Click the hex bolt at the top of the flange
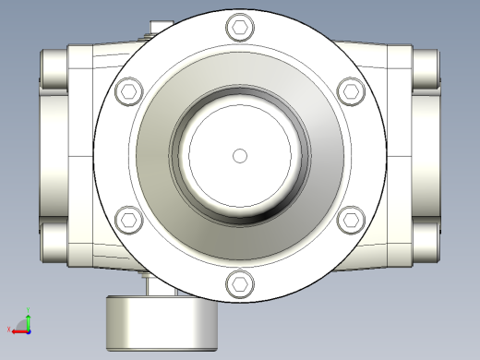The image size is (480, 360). (x=240, y=28)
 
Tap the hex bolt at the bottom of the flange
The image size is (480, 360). (x=240, y=283)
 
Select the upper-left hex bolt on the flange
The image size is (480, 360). (x=128, y=91)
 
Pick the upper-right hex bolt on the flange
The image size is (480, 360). (x=351, y=91)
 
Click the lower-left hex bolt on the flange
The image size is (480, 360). (x=128, y=220)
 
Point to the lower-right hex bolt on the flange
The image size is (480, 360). (x=351, y=220)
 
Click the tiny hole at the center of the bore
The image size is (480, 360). (x=240, y=155)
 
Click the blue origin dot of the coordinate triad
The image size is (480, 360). (x=27, y=329)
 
